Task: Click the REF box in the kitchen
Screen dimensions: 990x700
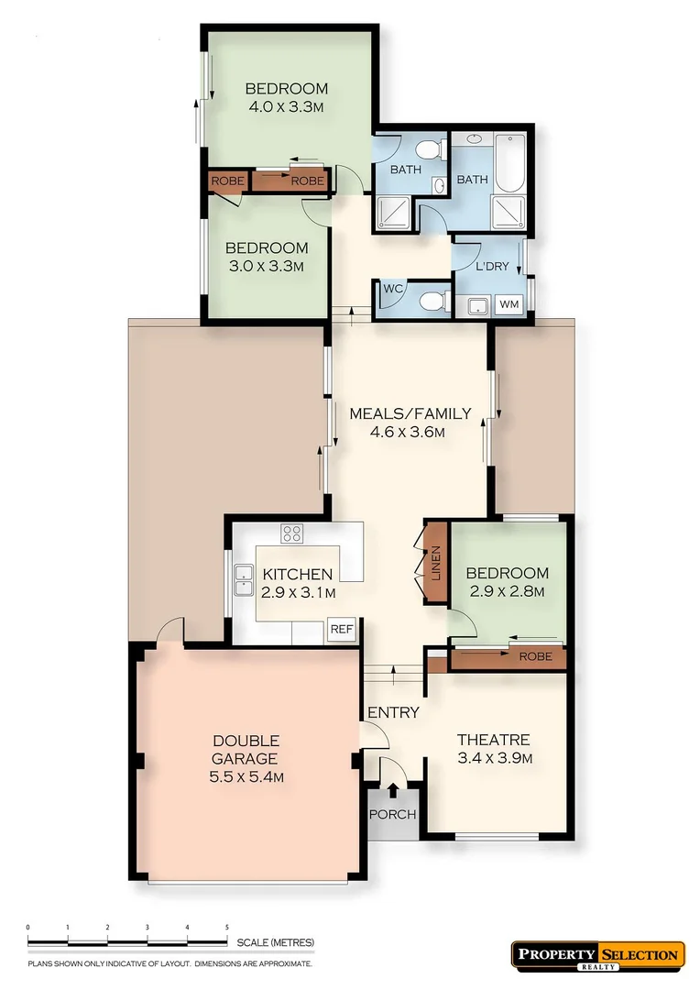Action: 342,630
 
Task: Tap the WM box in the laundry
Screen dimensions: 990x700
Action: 508,304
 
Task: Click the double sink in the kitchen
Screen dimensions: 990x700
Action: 244,580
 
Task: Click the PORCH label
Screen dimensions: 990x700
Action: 393,815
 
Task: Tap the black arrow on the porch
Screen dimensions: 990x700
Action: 393,790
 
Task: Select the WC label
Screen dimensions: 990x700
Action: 393,289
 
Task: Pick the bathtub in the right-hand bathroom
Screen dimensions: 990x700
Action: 507,163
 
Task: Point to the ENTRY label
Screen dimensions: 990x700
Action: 393,712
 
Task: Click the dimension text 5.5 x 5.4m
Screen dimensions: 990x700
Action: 246,777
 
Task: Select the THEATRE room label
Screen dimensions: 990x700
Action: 493,740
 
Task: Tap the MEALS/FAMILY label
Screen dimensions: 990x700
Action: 410,413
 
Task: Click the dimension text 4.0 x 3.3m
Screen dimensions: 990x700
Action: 286,106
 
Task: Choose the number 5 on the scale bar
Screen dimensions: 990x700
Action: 226,928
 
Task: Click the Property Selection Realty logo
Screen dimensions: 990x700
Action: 597,955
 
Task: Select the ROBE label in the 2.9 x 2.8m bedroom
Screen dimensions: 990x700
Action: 535,657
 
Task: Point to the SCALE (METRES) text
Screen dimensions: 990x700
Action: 276,942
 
